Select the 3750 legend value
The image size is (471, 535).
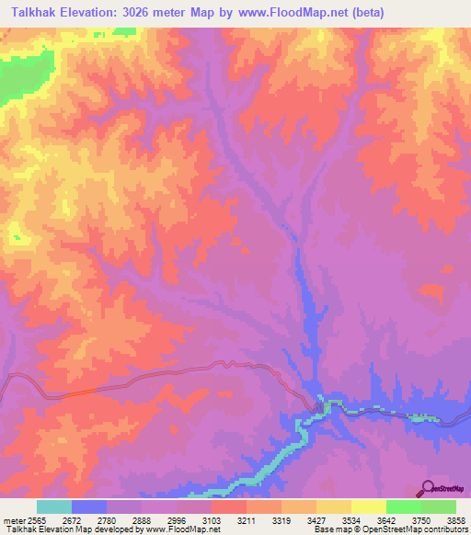coord(421,519)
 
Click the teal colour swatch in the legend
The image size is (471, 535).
coord(54,507)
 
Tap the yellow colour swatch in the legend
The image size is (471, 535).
coord(368,507)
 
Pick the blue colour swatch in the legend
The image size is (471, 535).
coord(89,507)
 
